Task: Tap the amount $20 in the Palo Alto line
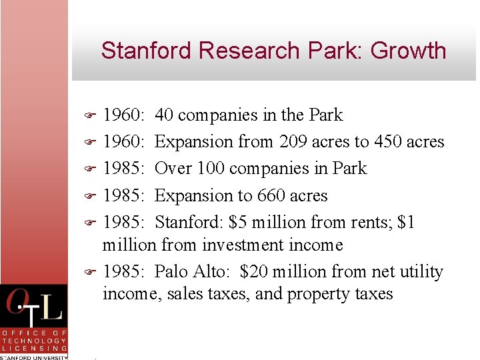[x=254, y=272]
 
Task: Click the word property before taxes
[x=316, y=295]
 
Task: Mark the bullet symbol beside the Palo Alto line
[x=92, y=272]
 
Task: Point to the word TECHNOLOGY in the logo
[x=34, y=340]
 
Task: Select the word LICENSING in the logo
[x=34, y=348]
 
